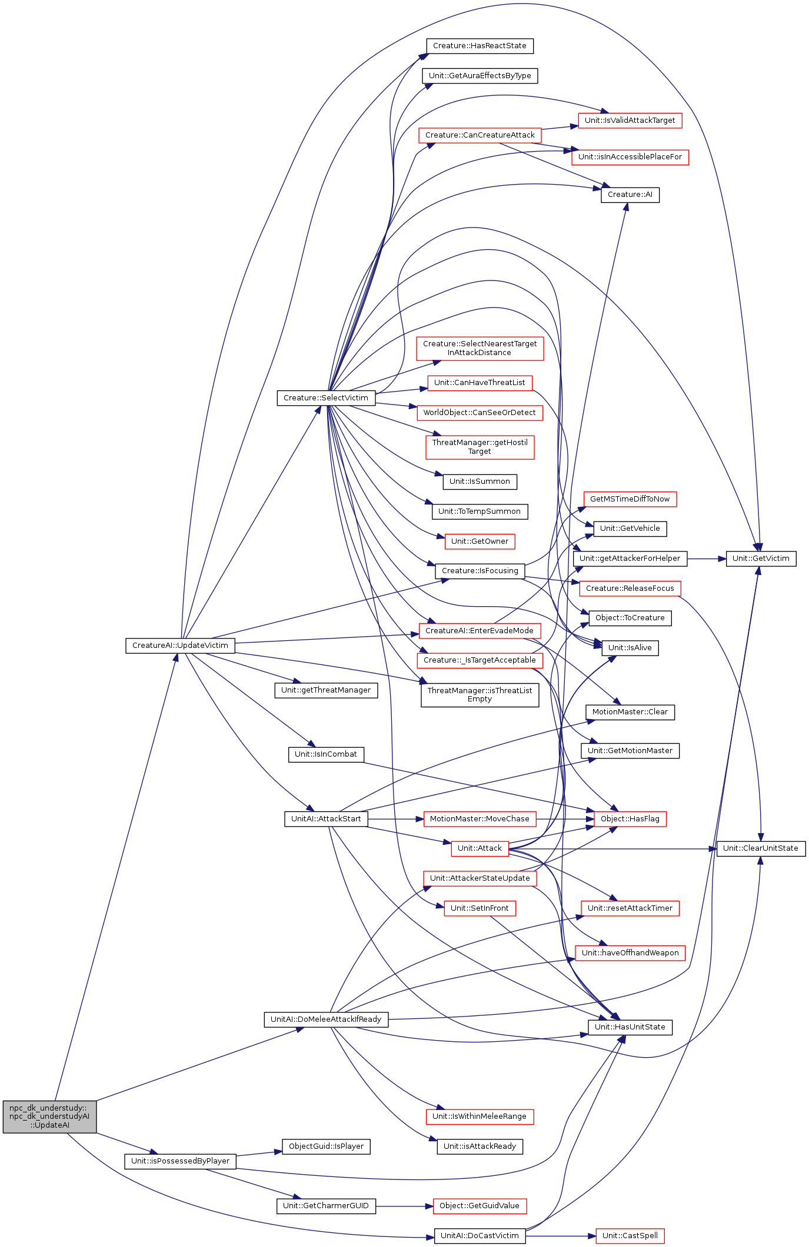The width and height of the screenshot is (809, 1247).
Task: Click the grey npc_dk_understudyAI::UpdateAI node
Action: pyautogui.click(x=49, y=1116)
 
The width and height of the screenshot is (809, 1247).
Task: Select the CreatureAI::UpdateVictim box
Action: pyautogui.click(x=180, y=646)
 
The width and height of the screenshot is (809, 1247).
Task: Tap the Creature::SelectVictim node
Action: pyautogui.click(x=326, y=398)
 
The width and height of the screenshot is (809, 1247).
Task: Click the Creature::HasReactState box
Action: pyautogui.click(x=480, y=46)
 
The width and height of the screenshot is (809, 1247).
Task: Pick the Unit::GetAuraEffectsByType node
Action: pyautogui.click(x=480, y=76)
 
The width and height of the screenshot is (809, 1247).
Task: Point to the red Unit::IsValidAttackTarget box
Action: pyautogui.click(x=630, y=121)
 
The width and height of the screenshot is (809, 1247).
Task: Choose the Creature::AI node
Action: pyautogui.click(x=630, y=195)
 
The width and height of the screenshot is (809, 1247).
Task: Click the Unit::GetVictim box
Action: pyautogui.click(x=761, y=559)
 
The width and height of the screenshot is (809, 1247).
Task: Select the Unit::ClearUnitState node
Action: pyautogui.click(x=760, y=848)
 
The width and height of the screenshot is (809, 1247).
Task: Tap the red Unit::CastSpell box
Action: pyautogui.click(x=630, y=1236)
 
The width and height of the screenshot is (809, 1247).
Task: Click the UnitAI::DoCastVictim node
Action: pyautogui.click(x=480, y=1236)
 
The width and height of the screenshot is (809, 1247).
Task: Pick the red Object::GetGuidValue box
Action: pyautogui.click(x=479, y=1206)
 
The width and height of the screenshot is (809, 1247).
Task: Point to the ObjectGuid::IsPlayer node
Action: pyautogui.click(x=326, y=1146)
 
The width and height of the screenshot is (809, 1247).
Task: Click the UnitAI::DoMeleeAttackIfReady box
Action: pyautogui.click(x=326, y=1019)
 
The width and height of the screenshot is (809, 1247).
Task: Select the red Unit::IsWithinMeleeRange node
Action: pyautogui.click(x=479, y=1116)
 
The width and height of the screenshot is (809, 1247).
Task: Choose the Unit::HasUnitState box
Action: pyautogui.click(x=630, y=1027)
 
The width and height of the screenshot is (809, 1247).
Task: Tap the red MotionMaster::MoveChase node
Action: pyautogui.click(x=479, y=819)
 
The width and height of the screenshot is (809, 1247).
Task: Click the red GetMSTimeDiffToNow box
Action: pyautogui.click(x=630, y=499)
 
